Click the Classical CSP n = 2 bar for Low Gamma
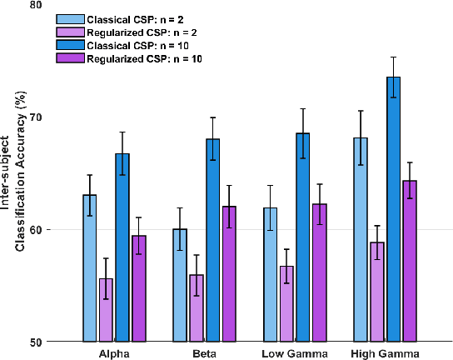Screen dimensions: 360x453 pyautogui.click(x=270, y=275)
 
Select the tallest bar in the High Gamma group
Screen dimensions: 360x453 pyautogui.click(x=393, y=209)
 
